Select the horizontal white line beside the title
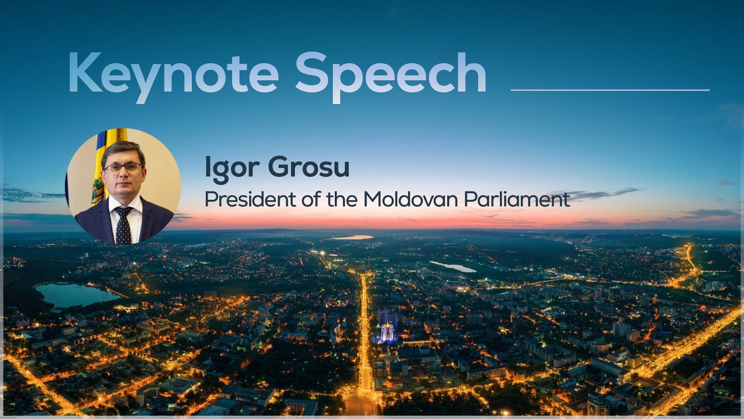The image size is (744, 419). click(x=610, y=90)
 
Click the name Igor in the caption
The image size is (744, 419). click(x=232, y=169)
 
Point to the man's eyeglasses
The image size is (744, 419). click(x=123, y=167)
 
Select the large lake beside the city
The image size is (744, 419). click(x=76, y=295)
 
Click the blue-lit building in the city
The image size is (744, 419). click(x=387, y=332)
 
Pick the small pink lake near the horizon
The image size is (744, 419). click(x=352, y=237)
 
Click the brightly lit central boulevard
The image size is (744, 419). click(x=364, y=343)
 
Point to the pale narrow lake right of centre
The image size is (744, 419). click(x=453, y=267)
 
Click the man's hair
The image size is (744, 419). click(x=123, y=151)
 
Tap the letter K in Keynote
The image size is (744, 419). click(x=85, y=72)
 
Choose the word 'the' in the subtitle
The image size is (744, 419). click(x=342, y=199)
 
